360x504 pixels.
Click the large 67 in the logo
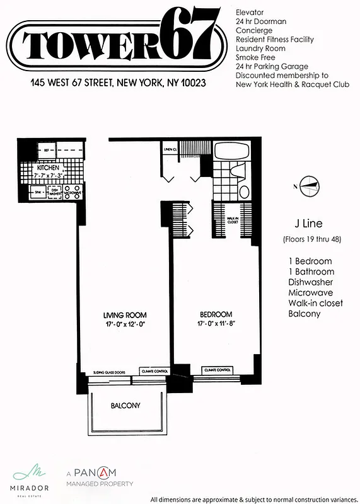[189, 35]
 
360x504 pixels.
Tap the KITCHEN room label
[48, 168]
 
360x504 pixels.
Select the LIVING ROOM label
[125, 314]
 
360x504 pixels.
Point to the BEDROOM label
[216, 314]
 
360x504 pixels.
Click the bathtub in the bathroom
[233, 151]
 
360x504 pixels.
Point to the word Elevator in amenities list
[250, 13]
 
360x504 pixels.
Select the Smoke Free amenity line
[255, 57]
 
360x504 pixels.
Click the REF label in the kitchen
[46, 150]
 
